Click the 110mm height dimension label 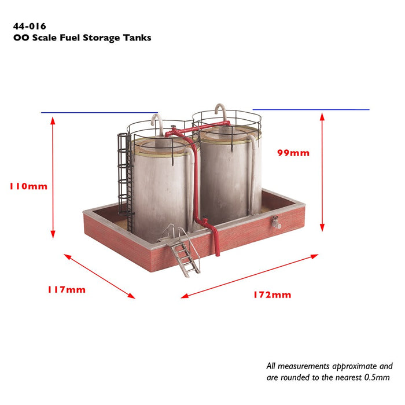[29, 186]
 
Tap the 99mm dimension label [293, 153]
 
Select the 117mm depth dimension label [67, 289]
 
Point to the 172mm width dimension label [272, 294]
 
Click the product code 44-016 [30, 26]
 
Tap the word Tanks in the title [137, 38]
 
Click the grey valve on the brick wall [276, 223]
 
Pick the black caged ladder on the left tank [126, 181]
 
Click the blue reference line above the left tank [100, 113]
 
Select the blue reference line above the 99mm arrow [311, 109]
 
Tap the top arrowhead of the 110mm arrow [53, 121]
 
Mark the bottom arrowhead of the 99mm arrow [322, 227]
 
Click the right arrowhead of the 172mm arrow [315, 256]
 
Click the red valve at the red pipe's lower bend [205, 222]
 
